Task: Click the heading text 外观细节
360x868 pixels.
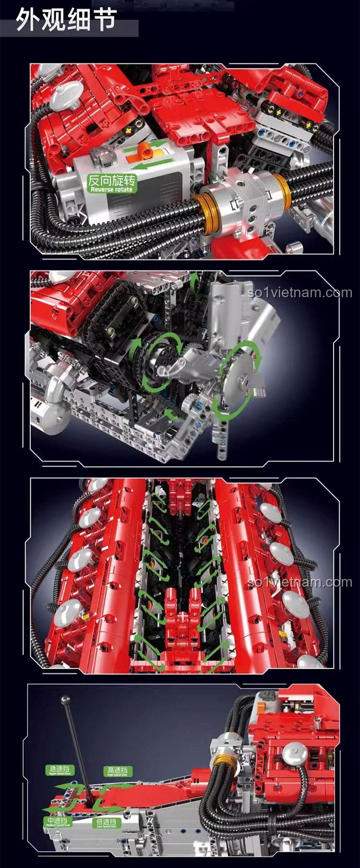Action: coord(66,21)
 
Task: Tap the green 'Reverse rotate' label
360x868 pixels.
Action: coord(111,183)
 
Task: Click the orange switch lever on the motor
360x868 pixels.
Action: coord(143,153)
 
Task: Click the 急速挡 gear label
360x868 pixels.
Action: coord(59,770)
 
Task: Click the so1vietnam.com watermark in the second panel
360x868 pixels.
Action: coord(300,293)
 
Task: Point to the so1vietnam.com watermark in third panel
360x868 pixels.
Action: coord(300,582)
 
